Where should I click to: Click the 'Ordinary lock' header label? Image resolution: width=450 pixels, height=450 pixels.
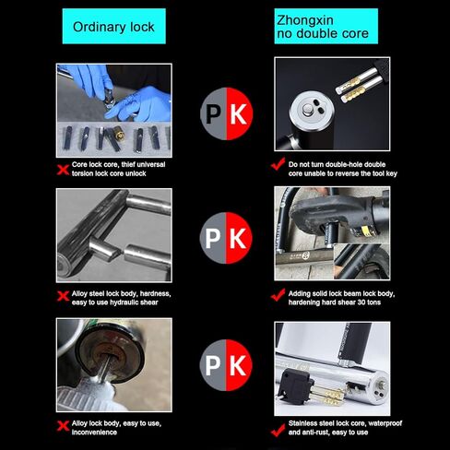[x=113, y=27]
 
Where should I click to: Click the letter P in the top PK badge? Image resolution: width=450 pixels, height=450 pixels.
[x=213, y=114]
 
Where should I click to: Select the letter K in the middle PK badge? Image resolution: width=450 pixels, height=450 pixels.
[x=238, y=238]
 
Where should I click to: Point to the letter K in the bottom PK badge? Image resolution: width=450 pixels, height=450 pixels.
[x=238, y=366]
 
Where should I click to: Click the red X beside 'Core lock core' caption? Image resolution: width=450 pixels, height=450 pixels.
[x=63, y=170]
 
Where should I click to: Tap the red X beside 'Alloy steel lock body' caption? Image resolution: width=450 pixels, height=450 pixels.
[x=63, y=296]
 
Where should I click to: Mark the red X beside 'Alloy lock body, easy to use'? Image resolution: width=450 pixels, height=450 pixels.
[x=63, y=426]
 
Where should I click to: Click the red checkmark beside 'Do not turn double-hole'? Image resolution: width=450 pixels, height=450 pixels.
[x=278, y=164]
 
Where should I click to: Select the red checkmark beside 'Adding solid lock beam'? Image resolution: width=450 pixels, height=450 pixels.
[x=278, y=295]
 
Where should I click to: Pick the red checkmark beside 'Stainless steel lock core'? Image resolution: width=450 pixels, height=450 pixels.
[x=278, y=430]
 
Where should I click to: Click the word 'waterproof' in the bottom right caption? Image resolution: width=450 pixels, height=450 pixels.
[x=385, y=423]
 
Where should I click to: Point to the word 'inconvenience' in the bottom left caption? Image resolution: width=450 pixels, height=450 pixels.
[x=94, y=432]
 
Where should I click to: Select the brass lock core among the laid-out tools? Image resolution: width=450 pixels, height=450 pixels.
[x=119, y=135]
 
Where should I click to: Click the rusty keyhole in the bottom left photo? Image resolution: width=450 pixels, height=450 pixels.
[x=109, y=354]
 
